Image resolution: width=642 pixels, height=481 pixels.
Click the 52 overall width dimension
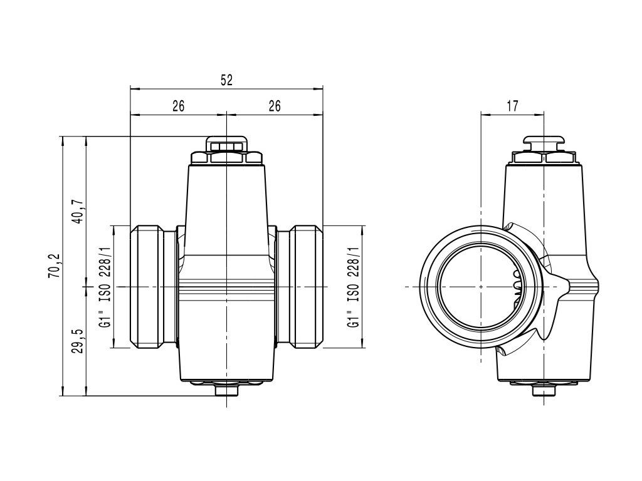pyautogui.click(x=226, y=80)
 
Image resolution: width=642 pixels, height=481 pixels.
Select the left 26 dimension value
pyautogui.click(x=178, y=106)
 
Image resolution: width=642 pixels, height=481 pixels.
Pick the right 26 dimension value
pyautogui.click(x=274, y=106)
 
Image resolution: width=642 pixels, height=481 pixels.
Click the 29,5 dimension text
pyautogui.click(x=78, y=340)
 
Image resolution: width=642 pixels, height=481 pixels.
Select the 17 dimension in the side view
pyautogui.click(x=512, y=106)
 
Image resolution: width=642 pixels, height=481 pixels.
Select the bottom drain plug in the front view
pyautogui.click(x=226, y=390)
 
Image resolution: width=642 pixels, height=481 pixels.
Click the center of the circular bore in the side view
pyautogui.click(x=480, y=286)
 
